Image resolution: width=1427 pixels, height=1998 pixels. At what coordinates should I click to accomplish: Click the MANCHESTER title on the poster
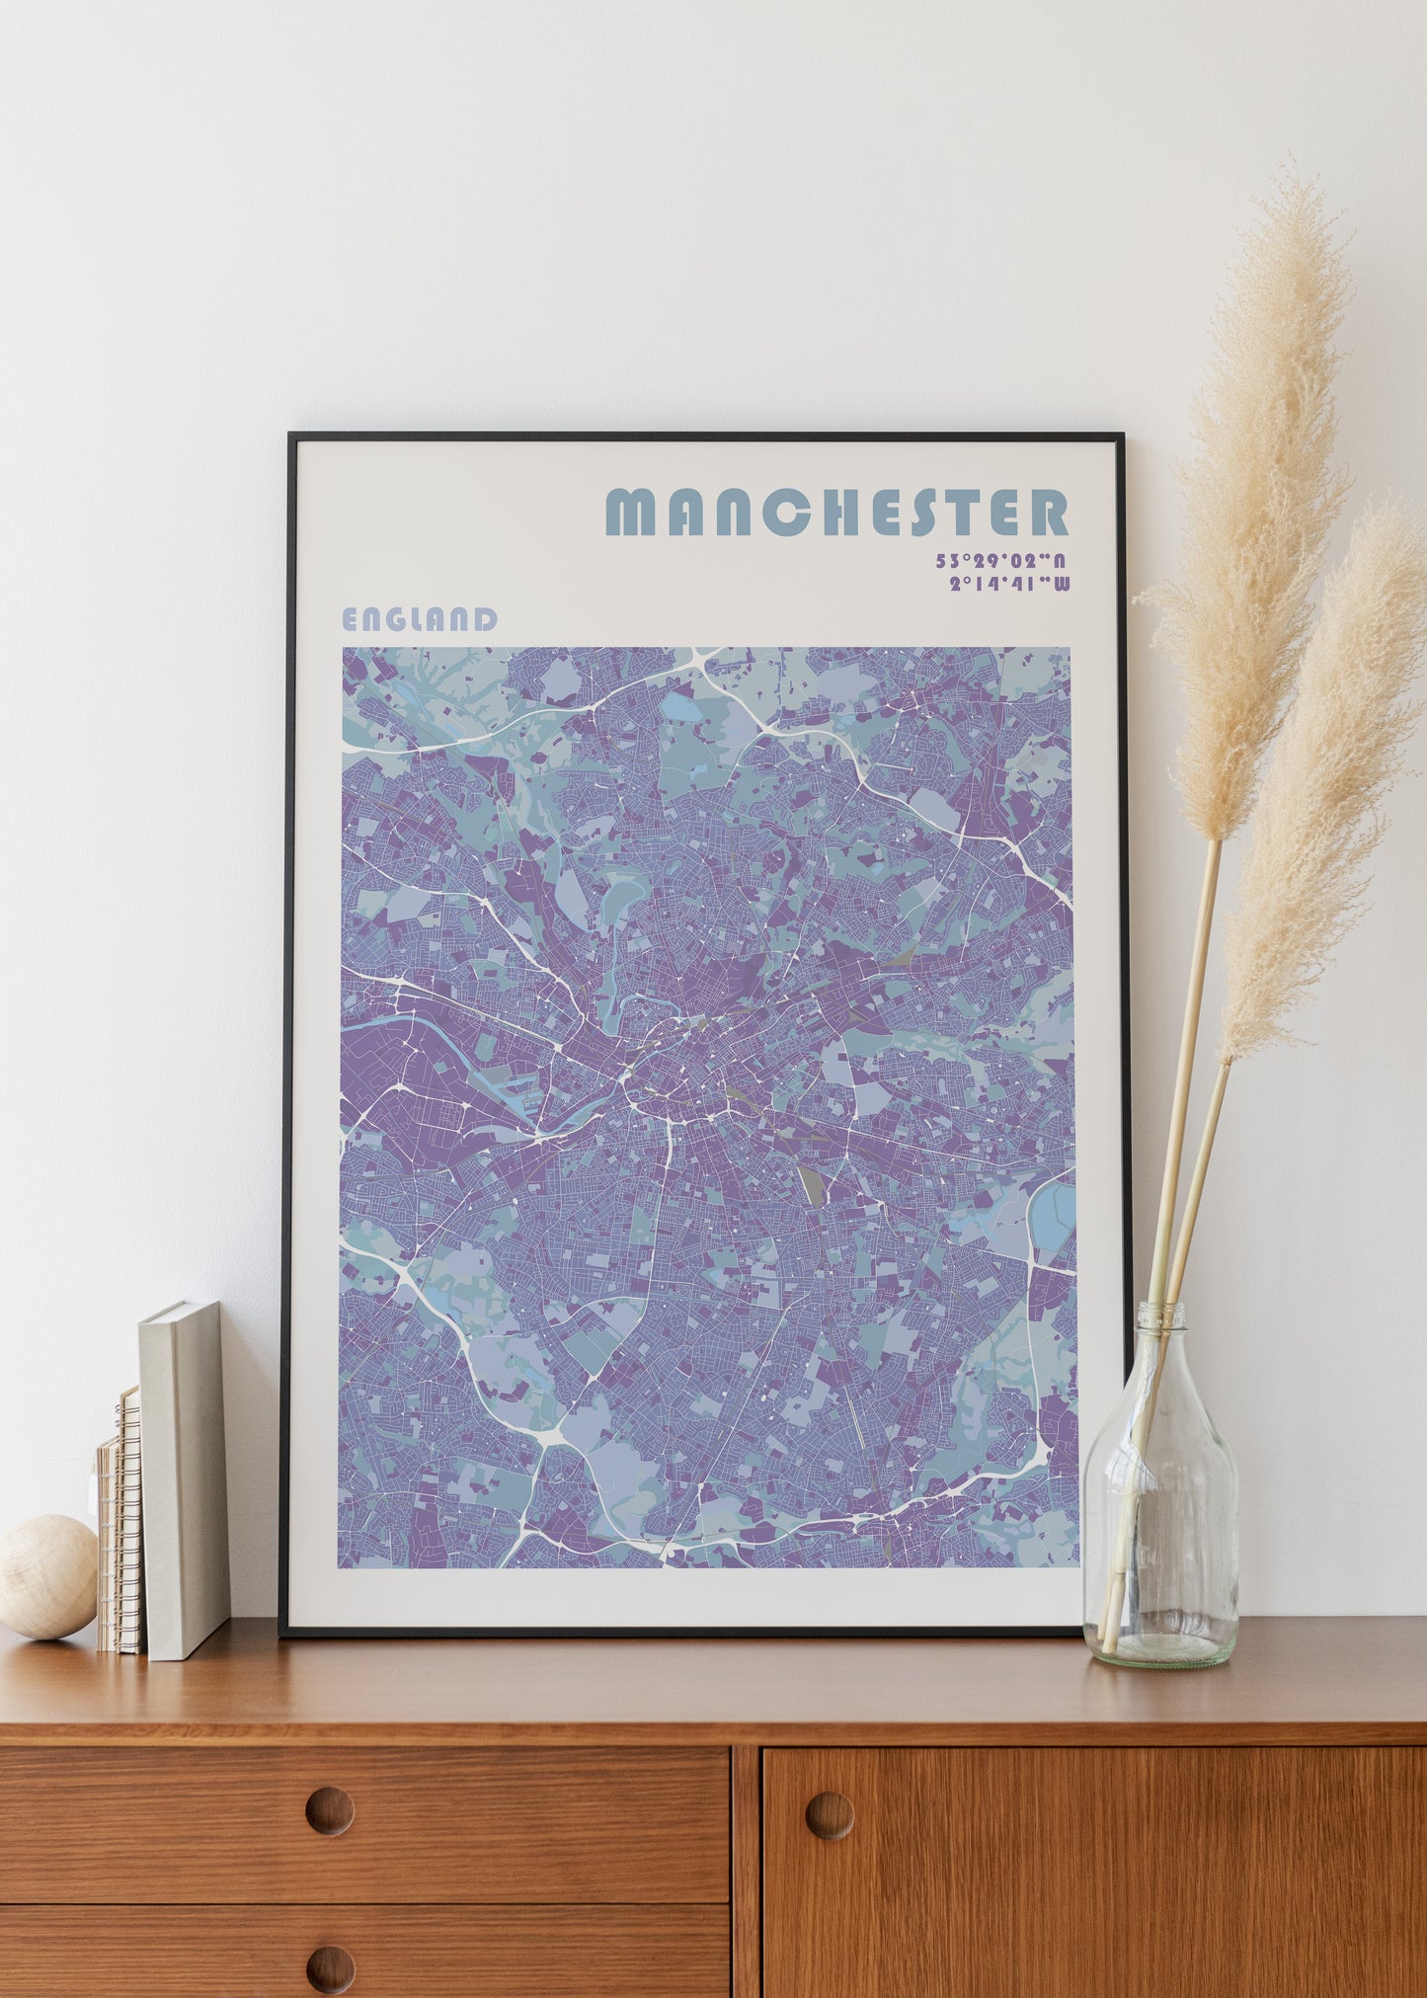click(x=835, y=512)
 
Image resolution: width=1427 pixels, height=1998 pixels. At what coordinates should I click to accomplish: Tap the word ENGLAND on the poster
click(x=419, y=619)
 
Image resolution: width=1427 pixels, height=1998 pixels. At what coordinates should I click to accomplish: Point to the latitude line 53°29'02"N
click(x=1001, y=561)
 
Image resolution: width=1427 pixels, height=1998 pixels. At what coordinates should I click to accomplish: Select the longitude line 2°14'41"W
click(x=1008, y=584)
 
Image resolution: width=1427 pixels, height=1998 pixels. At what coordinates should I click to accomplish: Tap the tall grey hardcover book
click(x=185, y=1478)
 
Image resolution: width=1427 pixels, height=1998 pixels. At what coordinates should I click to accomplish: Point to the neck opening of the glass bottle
click(x=1161, y=1310)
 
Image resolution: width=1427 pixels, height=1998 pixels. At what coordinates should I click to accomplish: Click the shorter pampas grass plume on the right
click(x=1328, y=770)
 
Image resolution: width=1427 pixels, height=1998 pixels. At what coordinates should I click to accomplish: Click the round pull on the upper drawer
click(x=329, y=1810)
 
